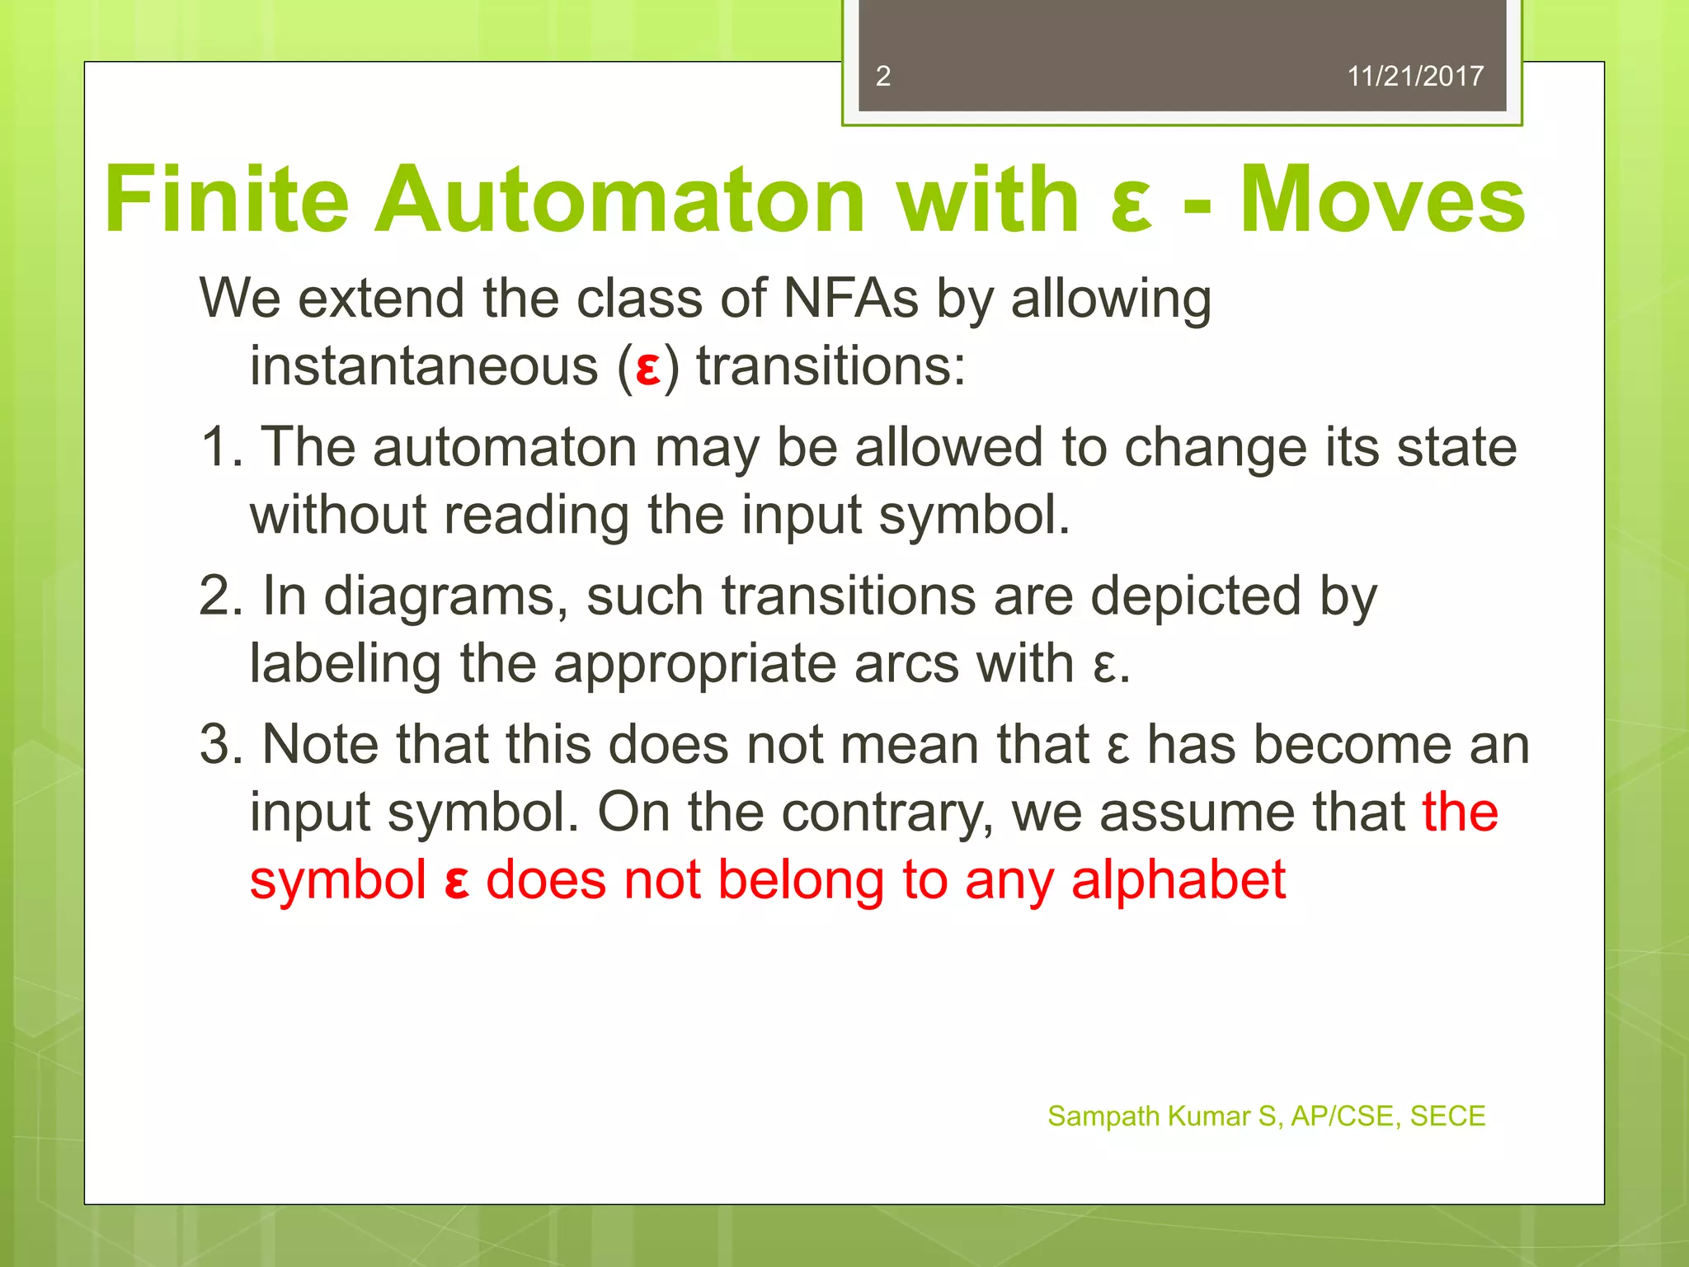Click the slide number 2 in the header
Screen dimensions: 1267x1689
click(882, 76)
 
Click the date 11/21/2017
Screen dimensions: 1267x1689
click(1414, 76)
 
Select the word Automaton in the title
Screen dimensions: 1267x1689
click(619, 200)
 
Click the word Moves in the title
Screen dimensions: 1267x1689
click(1382, 200)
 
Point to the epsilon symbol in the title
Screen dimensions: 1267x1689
click(1131, 205)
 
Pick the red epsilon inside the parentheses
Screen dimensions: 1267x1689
click(648, 369)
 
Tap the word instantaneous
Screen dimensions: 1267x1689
click(424, 365)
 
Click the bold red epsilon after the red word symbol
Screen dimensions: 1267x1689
click(456, 883)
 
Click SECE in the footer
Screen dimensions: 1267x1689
click(1447, 1116)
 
